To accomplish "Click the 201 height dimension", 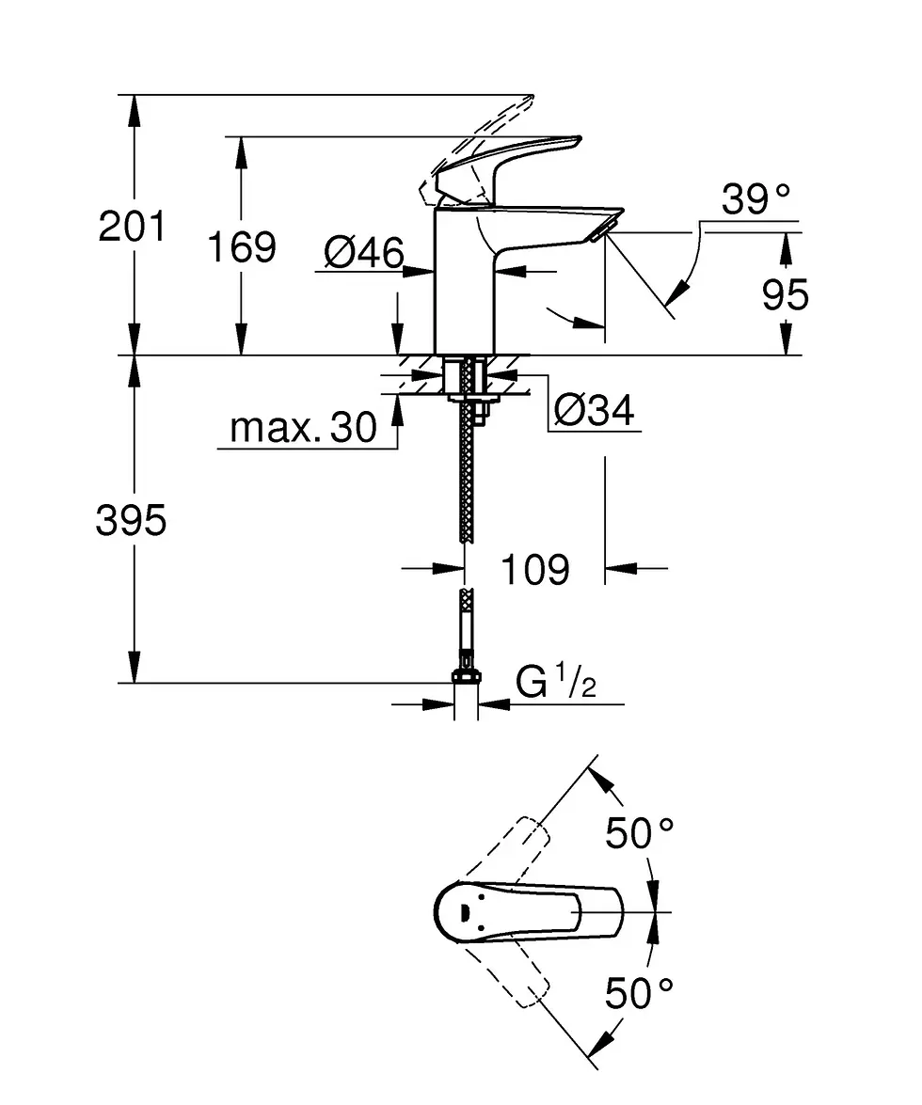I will (x=132, y=228).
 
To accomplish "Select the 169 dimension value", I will (x=242, y=246).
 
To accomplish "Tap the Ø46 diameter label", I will (x=364, y=252).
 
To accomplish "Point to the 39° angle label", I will (x=755, y=199).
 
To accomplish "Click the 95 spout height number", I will (x=786, y=295).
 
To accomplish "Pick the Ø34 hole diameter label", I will (x=594, y=410).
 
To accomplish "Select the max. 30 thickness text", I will (x=303, y=429).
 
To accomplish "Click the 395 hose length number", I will (x=131, y=520).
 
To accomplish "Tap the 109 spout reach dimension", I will (x=533, y=569).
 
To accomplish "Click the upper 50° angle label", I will (x=640, y=833).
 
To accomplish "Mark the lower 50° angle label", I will (x=640, y=993).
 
